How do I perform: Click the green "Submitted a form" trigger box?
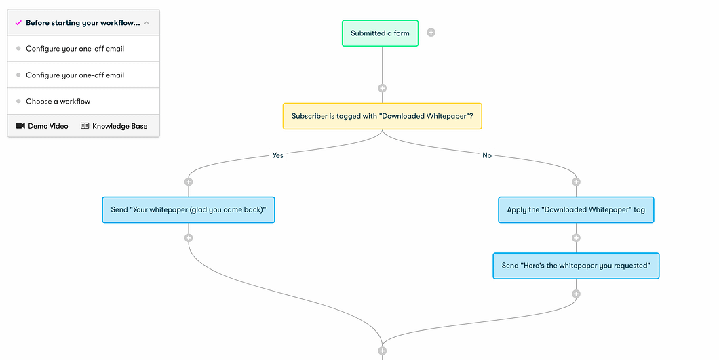point(380,33)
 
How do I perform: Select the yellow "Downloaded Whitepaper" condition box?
point(382,116)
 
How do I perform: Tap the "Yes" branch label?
point(277,155)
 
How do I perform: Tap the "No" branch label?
point(486,155)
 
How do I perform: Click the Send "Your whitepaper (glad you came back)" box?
point(188,210)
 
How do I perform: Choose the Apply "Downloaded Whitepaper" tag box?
point(576,210)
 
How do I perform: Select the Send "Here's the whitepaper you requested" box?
point(576,266)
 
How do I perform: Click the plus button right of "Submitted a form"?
point(431,33)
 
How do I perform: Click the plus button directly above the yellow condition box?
point(382,88)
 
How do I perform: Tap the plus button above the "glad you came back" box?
point(189,182)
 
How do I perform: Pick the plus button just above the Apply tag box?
point(576,182)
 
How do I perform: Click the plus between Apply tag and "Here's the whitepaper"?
point(576,238)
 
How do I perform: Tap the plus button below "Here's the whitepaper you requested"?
point(576,294)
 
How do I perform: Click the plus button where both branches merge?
point(382,351)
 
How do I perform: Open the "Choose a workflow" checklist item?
point(58,102)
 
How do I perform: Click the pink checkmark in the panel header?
point(18,23)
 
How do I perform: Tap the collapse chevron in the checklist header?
point(147,23)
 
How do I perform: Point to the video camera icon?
point(20,126)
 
